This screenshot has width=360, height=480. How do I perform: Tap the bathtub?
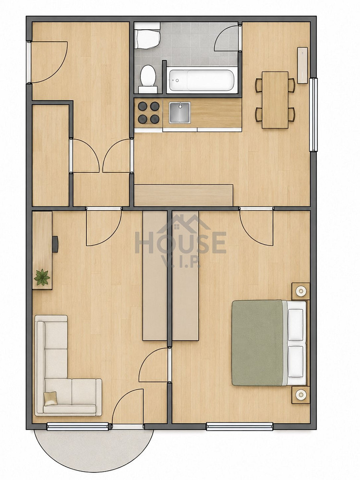pos(202,80)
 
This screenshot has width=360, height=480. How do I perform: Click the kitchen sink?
pos(180,113)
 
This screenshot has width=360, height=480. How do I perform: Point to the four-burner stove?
pos(148,113)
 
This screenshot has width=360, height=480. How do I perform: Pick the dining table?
pos(275,100)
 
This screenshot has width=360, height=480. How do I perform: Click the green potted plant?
pos(42,277)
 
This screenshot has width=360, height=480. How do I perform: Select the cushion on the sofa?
pos(50,398)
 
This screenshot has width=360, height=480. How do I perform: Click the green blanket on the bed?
pos(257,343)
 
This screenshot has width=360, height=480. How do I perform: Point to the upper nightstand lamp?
pos(300,291)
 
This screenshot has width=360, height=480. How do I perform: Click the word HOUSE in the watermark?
pos(180,242)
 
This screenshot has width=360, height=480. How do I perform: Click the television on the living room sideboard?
pos(55,244)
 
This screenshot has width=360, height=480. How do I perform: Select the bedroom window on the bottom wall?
pos(240,426)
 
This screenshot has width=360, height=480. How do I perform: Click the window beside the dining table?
pos(313,115)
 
